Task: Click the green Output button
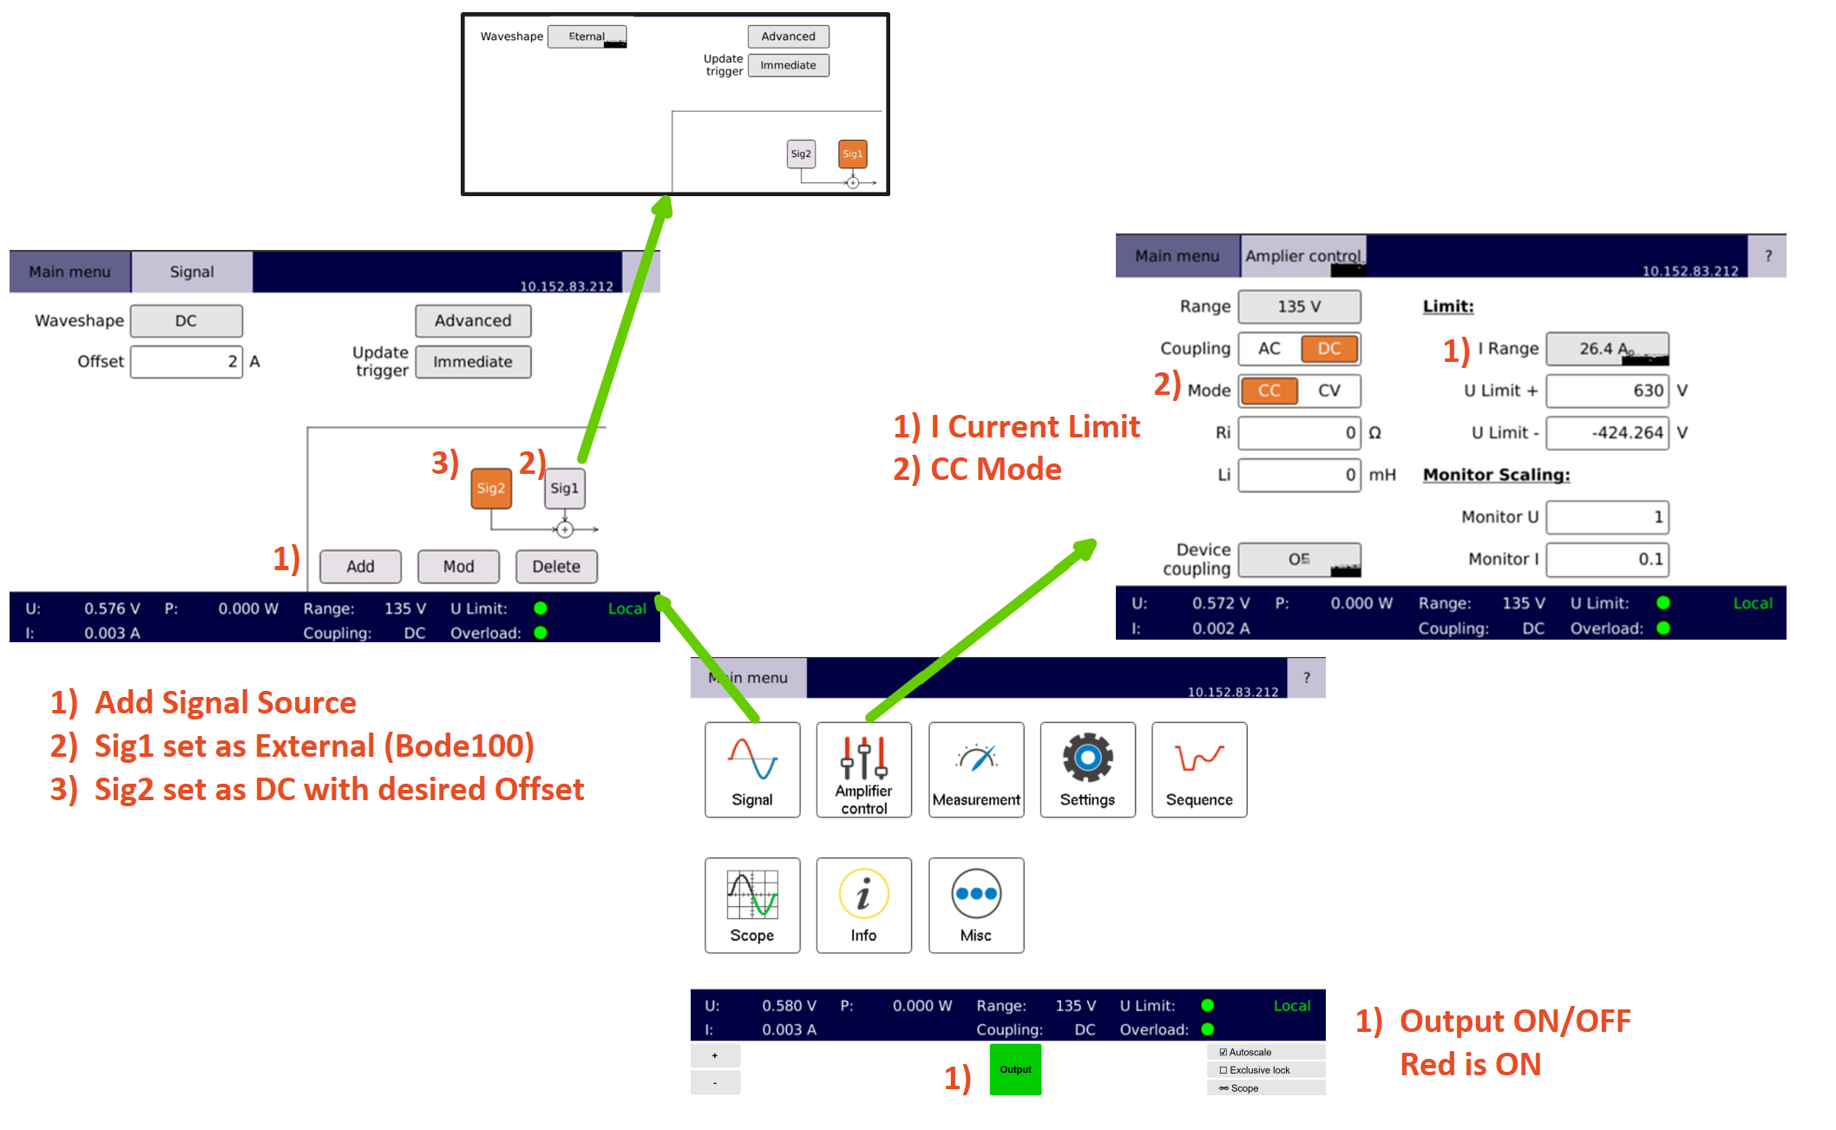[x=1015, y=1069]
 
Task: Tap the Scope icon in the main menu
[x=752, y=905]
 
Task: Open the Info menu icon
[x=863, y=905]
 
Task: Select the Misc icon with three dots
[x=976, y=905]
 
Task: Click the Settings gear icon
[x=1087, y=769]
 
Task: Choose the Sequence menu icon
[x=1199, y=769]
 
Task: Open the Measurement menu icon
[x=976, y=769]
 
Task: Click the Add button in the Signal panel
[x=360, y=567]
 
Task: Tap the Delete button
[x=556, y=567]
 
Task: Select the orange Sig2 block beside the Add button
[x=491, y=489]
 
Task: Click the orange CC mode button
[x=1269, y=391]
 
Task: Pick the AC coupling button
[x=1269, y=349]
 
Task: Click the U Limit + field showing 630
[x=1607, y=391]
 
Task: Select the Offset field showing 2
[x=186, y=362]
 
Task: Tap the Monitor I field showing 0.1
[x=1607, y=560]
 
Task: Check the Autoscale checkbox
[x=1223, y=1052]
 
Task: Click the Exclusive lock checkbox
[x=1223, y=1070]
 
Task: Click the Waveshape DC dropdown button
[x=186, y=321]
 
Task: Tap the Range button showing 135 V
[x=1298, y=306]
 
